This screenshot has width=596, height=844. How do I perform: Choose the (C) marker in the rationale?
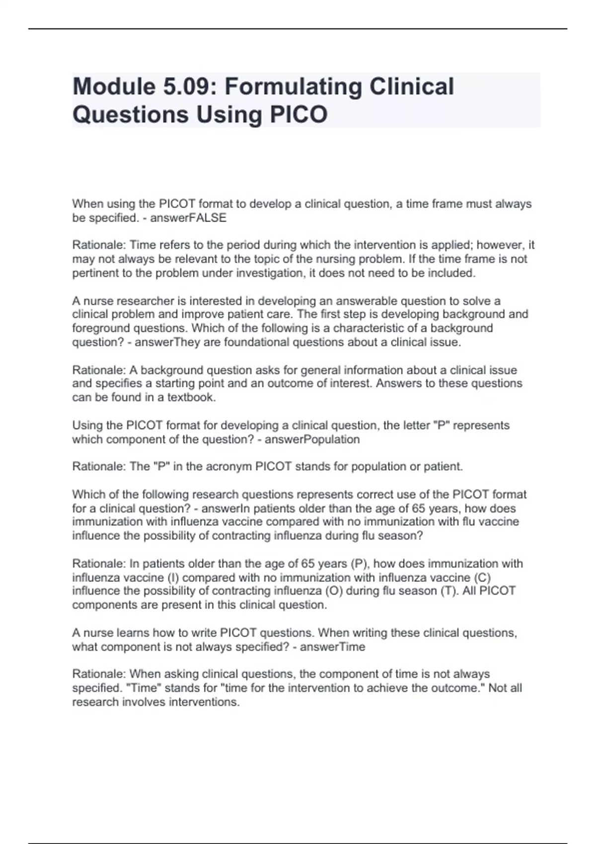482,578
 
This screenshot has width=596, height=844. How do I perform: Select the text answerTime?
332,647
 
